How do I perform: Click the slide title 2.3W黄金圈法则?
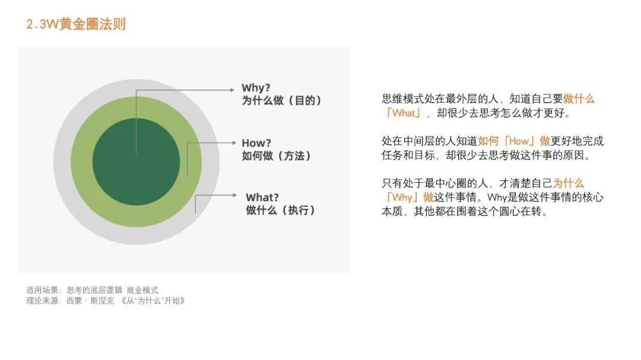pos(76,24)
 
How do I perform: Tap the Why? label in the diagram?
pos(256,88)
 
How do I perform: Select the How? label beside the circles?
pos(256,143)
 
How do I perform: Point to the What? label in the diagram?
pos(262,197)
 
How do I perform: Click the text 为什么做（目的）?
pos(282,101)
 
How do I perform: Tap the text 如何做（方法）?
pos(277,156)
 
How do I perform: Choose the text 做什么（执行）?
pos(281,211)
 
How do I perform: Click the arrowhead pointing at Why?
pos(232,90)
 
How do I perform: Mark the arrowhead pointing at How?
pos(233,143)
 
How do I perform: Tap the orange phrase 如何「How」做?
pos(514,141)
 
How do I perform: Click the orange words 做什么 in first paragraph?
pos(579,99)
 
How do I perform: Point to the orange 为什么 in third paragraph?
pos(568,184)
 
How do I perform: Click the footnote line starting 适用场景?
pos(93,291)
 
